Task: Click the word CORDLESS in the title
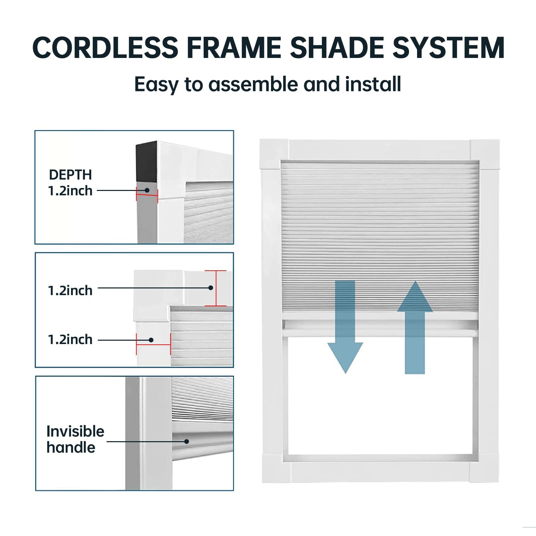[x=105, y=48]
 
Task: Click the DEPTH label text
[x=70, y=175]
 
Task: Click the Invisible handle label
[x=75, y=439]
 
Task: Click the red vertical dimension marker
[x=216, y=288]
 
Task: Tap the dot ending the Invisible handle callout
[x=187, y=442]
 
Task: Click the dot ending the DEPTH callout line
[x=147, y=190]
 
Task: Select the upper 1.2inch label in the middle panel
[x=70, y=290]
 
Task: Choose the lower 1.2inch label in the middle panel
[x=70, y=340]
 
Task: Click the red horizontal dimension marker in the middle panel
[x=153, y=344]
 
